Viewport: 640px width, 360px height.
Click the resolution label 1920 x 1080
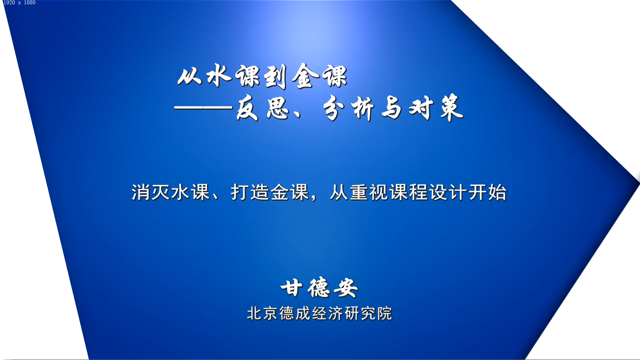[19, 3]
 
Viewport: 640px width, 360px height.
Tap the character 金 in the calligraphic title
[304, 76]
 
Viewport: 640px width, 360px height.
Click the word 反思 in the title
[263, 108]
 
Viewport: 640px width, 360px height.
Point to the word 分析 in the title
[348, 108]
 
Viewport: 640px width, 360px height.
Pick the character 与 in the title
[392, 108]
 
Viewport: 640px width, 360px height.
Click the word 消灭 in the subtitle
[151, 192]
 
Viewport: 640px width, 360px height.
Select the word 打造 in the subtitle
[250, 192]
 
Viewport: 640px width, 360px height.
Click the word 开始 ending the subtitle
[487, 192]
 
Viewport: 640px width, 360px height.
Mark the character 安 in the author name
[346, 288]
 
